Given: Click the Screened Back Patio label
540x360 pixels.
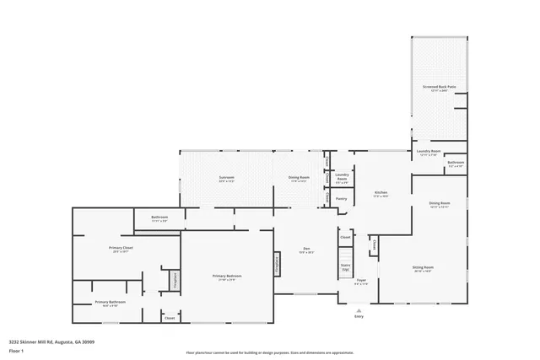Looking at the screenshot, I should click(x=439, y=87).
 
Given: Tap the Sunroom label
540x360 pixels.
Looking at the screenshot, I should click(x=226, y=178).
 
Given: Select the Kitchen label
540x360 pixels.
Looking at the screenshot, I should click(x=381, y=193).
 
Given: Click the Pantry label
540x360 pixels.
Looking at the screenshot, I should click(x=342, y=198).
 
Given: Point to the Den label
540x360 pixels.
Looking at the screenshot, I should click(x=307, y=249).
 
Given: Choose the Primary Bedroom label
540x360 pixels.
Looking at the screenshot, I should click(x=226, y=277).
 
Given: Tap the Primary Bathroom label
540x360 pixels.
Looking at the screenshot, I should click(x=111, y=302).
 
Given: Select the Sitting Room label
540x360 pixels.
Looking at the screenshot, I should click(x=422, y=269).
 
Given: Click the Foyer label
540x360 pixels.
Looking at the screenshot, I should click(x=360, y=282).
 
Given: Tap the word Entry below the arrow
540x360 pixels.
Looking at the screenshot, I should click(x=359, y=317).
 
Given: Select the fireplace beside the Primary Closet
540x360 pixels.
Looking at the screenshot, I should click(x=174, y=278).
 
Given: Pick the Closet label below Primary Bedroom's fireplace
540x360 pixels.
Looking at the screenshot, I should click(x=169, y=318).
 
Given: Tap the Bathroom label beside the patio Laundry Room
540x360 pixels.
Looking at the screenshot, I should click(x=456, y=163).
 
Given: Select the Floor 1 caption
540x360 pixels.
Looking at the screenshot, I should click(x=16, y=350).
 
